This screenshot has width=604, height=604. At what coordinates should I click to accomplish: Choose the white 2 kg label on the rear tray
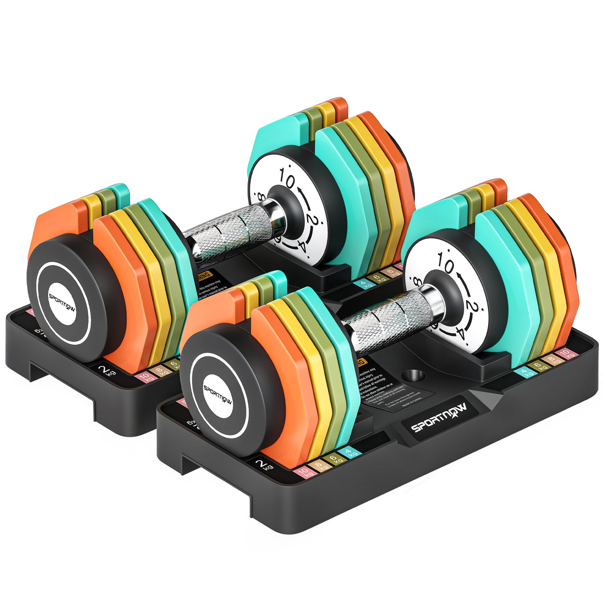(107, 369)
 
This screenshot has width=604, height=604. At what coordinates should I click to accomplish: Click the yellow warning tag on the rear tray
(204, 276)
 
